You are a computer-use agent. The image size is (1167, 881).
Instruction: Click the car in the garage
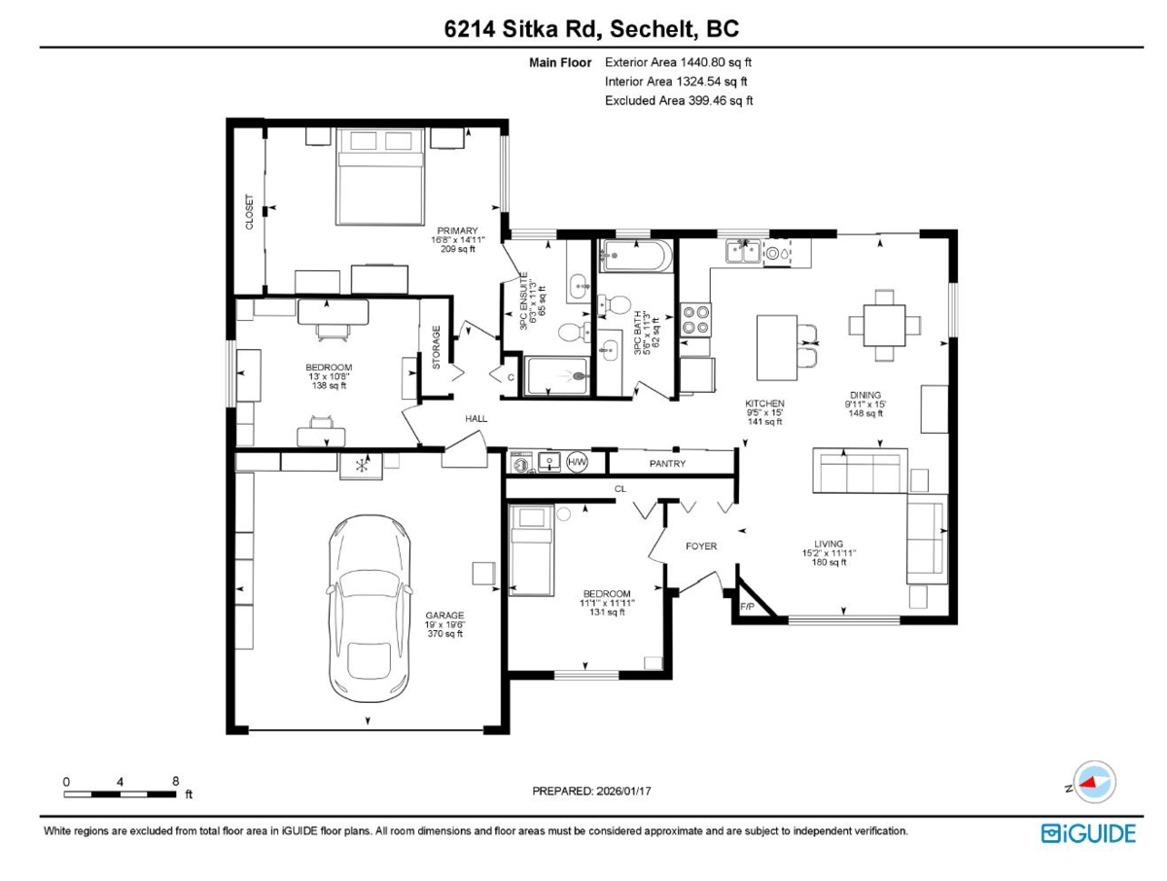pos(368,608)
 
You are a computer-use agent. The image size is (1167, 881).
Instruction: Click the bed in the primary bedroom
pos(377,175)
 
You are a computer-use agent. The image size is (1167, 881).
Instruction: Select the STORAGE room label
pos(433,345)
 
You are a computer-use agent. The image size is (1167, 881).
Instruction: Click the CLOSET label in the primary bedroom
pos(248,210)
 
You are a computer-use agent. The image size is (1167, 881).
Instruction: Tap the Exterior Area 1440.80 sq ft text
pos(673,62)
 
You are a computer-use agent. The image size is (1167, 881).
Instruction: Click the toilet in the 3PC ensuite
pos(572,330)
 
